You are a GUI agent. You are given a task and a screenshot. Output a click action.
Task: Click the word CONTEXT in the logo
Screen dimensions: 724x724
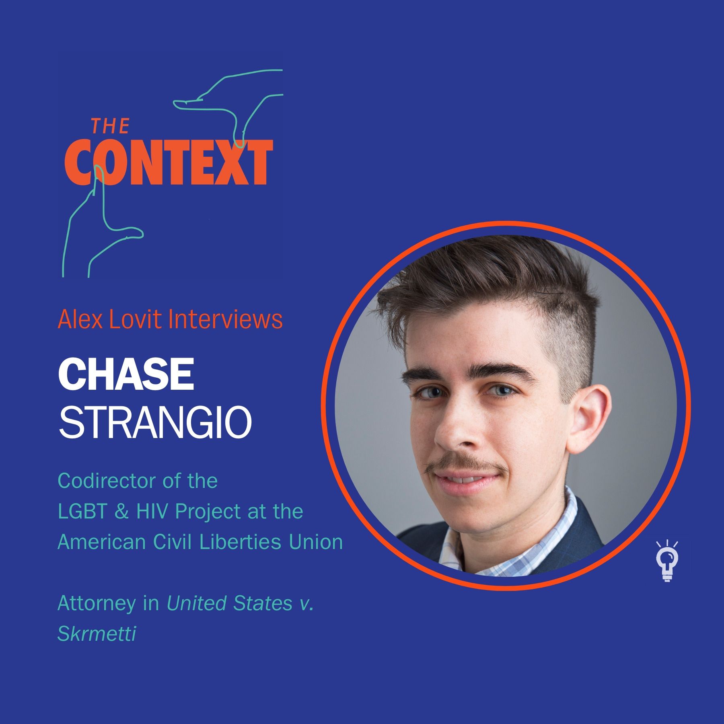169,162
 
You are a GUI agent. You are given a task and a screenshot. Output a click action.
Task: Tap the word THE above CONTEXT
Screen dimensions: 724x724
110,126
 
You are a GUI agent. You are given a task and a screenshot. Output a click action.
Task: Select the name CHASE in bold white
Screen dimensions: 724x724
126,374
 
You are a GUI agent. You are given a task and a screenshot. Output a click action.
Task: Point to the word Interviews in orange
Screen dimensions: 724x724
225,319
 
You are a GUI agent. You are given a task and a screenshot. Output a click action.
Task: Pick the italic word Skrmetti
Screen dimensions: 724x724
97,633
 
